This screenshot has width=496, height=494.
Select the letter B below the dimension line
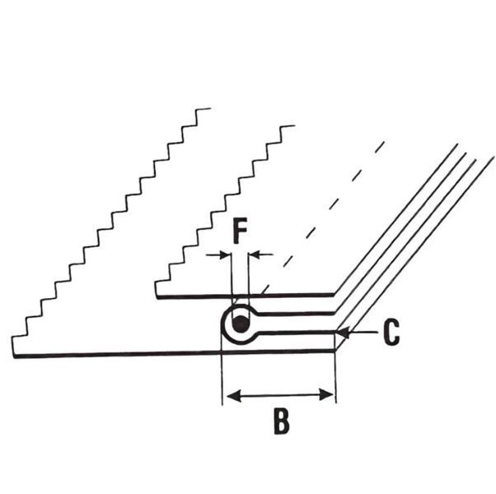[x=281, y=422]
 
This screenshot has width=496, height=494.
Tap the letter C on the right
[x=391, y=333]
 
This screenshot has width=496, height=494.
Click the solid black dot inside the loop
[x=241, y=324]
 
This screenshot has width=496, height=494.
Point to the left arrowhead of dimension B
[x=234, y=396]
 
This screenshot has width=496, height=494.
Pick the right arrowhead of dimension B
[x=326, y=394]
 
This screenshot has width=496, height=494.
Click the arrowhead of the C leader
[x=343, y=333]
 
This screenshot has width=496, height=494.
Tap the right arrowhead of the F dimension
[x=254, y=254]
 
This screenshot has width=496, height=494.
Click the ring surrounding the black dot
[x=223, y=324]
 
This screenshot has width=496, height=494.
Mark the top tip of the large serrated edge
[x=210, y=109]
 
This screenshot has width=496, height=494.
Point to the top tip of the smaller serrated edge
[x=295, y=125]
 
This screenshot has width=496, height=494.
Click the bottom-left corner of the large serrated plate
[x=14, y=357]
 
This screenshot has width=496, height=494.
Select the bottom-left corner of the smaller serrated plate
[x=157, y=298]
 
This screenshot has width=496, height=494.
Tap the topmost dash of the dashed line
[x=380, y=147]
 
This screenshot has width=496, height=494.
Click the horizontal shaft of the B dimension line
[x=280, y=395]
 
